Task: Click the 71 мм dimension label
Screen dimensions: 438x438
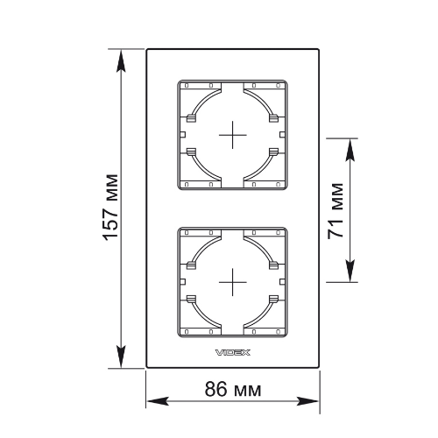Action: pos(336,211)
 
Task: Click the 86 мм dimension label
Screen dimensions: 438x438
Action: pos(233,389)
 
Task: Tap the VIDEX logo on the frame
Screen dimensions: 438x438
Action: pos(233,352)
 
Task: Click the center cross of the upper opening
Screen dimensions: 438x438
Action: pos(233,135)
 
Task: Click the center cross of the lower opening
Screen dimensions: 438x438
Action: pos(233,282)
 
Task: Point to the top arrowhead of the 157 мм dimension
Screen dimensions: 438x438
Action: pos(121,60)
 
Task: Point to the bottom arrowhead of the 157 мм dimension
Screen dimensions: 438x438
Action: pos(121,357)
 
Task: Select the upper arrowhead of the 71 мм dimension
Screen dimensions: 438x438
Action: pos(350,150)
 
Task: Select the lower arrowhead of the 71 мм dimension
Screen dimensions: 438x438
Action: pos(350,271)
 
